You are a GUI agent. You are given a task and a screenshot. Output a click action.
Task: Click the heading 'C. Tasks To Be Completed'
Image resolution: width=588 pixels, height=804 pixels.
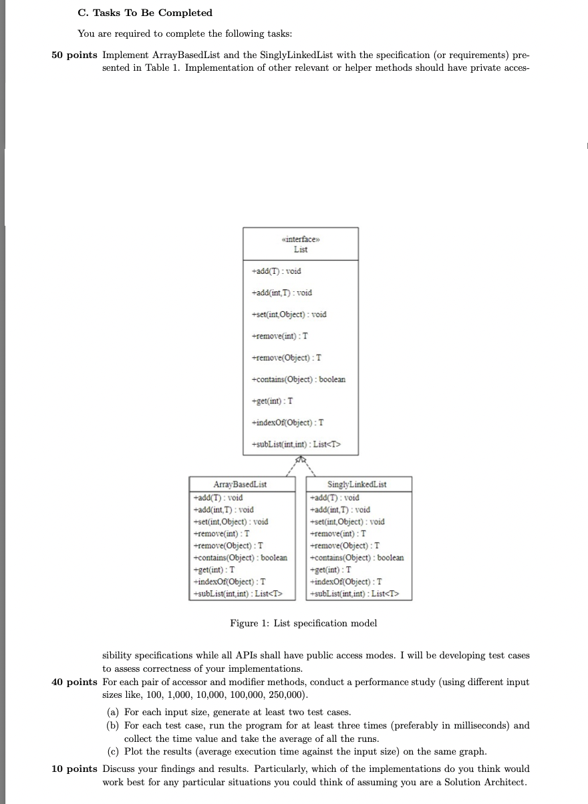[145, 13]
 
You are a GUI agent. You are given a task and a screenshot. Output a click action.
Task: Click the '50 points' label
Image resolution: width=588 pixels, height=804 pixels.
[74, 55]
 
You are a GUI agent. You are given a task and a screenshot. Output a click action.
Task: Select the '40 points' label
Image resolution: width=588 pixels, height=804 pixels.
[74, 682]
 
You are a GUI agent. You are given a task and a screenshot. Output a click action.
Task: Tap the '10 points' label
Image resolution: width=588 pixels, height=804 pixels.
[74, 769]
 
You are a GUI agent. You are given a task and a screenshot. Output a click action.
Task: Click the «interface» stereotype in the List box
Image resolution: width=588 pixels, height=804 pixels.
[300, 239]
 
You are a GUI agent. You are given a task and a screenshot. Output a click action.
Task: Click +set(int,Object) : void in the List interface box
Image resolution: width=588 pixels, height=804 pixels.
[289, 314]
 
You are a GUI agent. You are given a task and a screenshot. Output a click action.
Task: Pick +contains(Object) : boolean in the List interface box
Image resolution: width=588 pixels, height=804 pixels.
[298, 379]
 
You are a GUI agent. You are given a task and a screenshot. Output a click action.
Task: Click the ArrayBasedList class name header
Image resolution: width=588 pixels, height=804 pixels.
[243, 484]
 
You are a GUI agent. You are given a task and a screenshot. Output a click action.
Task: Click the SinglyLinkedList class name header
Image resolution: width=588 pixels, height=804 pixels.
[357, 484]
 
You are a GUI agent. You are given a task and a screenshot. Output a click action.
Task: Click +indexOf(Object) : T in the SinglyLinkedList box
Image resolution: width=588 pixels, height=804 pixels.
[345, 582]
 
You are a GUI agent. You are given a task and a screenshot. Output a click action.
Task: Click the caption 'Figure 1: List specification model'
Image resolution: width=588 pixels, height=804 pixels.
[303, 623]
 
